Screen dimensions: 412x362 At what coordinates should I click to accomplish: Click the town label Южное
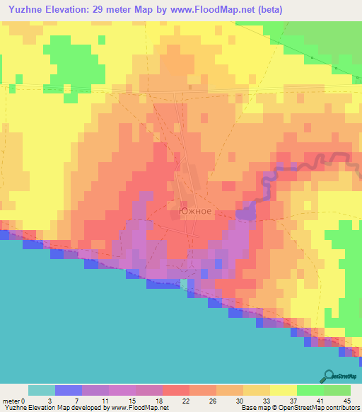[x=195, y=211]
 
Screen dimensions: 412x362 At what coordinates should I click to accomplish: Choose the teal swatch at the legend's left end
[x=42, y=390]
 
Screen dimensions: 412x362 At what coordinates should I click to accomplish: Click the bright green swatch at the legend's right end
[x=337, y=390]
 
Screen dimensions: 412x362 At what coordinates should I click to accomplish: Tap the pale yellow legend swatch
[x=284, y=390]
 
